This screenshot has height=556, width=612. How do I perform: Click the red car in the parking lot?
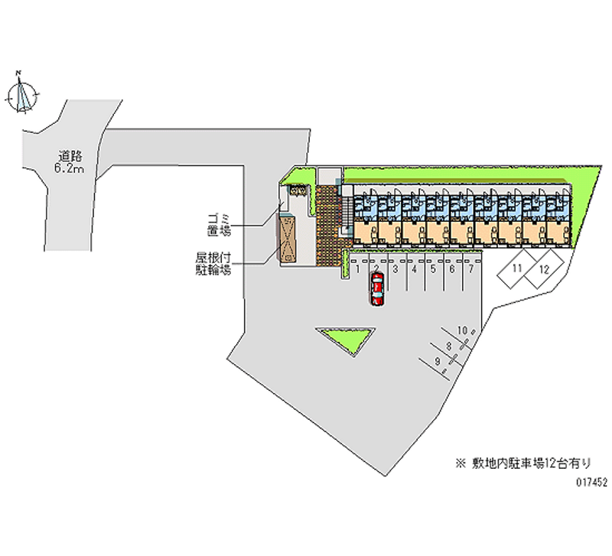tap(376, 289)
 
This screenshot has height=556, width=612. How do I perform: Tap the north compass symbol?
tap(23, 95)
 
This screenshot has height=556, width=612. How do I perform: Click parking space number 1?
tap(357, 268)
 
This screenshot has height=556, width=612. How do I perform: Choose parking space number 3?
tap(395, 268)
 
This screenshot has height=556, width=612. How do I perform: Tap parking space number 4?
tap(414, 268)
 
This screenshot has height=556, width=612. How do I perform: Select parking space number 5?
tap(432, 268)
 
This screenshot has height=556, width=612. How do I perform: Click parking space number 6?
tap(451, 268)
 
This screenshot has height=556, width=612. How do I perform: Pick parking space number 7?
tap(470, 268)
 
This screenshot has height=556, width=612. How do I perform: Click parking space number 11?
tap(518, 269)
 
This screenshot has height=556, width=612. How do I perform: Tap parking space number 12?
tap(543, 269)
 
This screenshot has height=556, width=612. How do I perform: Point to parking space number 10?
tap(462, 330)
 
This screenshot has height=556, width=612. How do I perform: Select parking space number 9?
tap(437, 361)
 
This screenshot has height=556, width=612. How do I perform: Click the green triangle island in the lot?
tap(346, 337)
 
